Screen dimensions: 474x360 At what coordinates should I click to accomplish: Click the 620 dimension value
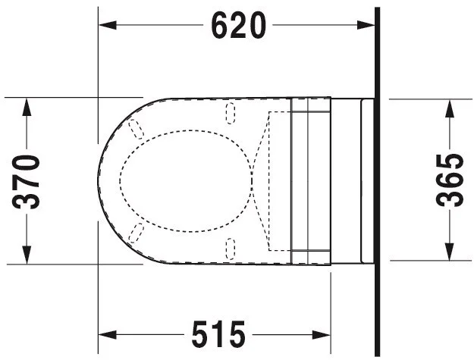click(238, 26)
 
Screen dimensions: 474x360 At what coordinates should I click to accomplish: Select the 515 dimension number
click(218, 334)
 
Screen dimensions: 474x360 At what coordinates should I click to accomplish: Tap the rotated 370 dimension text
click(26, 181)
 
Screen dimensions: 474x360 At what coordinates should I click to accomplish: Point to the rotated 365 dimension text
click(450, 180)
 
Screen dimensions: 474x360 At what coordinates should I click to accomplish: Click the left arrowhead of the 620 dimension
click(108, 25)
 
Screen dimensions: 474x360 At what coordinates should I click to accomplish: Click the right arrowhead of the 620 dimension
click(366, 25)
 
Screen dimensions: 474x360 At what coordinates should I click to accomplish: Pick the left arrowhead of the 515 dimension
click(108, 335)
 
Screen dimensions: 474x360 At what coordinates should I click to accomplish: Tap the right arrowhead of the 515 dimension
click(322, 335)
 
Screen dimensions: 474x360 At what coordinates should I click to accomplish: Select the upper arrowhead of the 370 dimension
click(27, 107)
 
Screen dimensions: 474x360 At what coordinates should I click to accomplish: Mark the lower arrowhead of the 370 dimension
click(27, 255)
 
